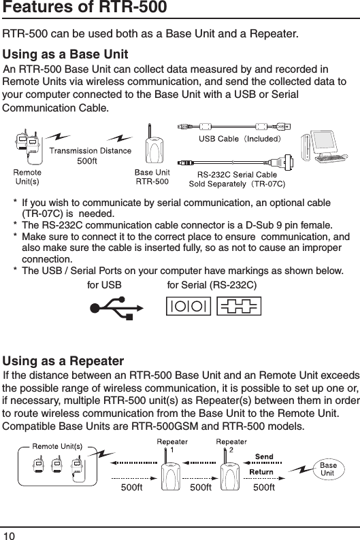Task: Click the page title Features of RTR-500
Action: click(85, 9)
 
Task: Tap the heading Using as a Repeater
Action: click(64, 360)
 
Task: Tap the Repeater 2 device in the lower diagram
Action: click(229, 473)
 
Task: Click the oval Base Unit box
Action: click(327, 469)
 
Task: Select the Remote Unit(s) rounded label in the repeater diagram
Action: click(59, 446)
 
